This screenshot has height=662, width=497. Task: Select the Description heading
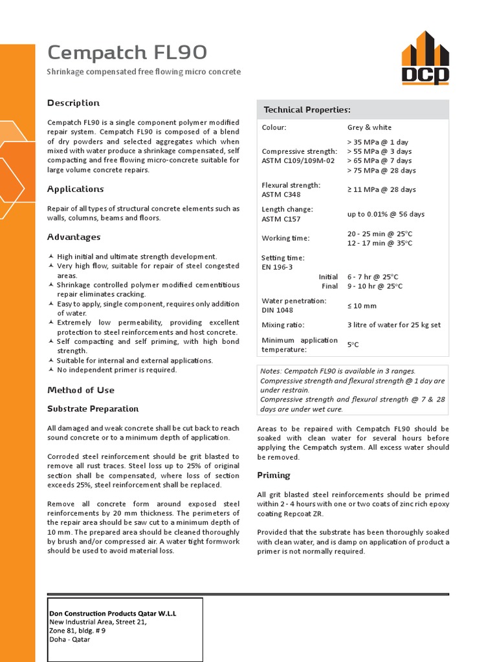pos(74,103)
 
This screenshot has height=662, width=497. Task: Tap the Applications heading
pos(76,189)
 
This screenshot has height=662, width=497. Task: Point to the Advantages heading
pos(74,237)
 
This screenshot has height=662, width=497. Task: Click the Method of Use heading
pos(81,390)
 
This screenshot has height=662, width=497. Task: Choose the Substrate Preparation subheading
pos(93,409)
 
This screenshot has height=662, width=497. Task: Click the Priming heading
pos(274,475)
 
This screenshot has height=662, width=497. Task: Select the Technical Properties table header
pos(307,110)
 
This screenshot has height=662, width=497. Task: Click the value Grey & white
pos(370,127)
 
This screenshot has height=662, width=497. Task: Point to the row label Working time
pos(285,238)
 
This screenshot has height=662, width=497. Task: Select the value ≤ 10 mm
pos(362,306)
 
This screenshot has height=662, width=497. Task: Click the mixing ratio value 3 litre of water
pos(394,325)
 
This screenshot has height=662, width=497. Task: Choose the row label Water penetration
pos(294,301)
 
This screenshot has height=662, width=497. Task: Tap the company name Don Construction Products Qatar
pos(113,613)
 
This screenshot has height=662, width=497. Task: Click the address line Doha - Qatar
pos(70,639)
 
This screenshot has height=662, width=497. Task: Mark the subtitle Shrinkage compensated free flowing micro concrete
pos(144,72)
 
